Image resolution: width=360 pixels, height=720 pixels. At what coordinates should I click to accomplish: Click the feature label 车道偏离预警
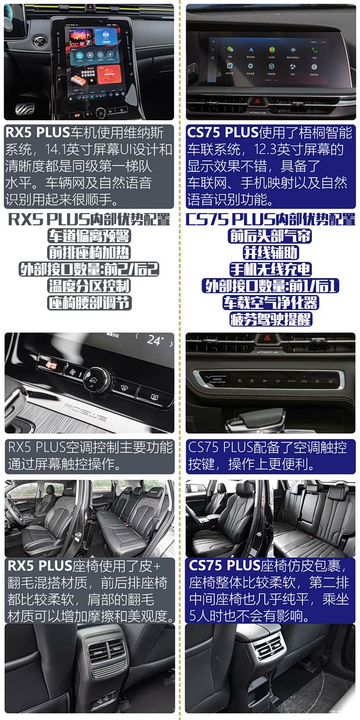(89, 236)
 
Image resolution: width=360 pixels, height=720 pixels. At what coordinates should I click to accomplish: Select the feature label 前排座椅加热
(89, 253)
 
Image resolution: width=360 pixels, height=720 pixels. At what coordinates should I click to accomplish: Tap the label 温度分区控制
(89, 286)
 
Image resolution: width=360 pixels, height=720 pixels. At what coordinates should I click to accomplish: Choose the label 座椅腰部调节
(89, 303)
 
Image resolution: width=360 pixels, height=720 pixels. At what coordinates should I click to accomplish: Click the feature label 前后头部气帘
(270, 236)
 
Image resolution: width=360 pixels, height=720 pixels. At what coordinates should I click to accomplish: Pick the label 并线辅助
(270, 253)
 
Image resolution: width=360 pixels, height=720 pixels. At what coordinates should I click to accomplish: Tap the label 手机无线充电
(270, 269)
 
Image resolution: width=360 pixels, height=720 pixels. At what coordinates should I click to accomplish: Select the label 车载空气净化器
(270, 303)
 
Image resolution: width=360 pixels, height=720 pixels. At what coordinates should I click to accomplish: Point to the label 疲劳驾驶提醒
(270, 319)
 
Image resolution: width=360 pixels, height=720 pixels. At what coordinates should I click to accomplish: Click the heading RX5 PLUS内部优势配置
(89, 219)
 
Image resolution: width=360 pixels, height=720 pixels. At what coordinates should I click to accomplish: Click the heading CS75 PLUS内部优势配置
(270, 219)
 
